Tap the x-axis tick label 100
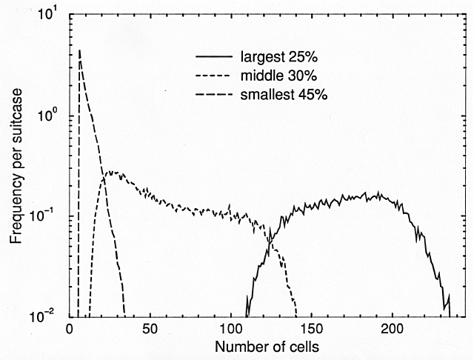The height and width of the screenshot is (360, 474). [x=230, y=328]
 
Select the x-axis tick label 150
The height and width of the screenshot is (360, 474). [x=312, y=328]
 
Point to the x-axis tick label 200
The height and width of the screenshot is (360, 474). [x=393, y=328]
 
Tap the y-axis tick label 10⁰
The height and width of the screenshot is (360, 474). [x=52, y=116]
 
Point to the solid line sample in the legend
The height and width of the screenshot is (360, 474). [x=213, y=56]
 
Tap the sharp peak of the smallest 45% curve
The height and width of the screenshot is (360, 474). [x=79, y=50]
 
